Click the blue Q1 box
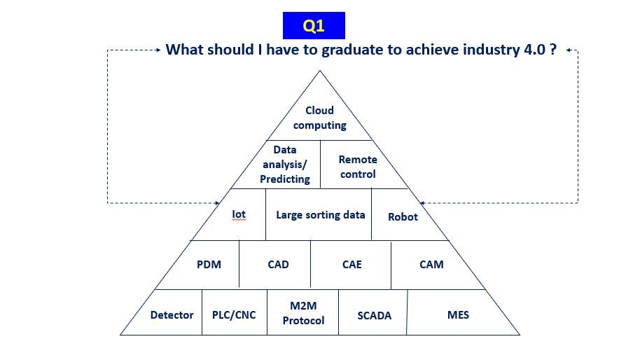[314, 25]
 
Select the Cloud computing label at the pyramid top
[319, 118]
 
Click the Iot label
[239, 214]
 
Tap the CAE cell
[351, 265]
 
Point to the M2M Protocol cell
[303, 312]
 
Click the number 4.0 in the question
[535, 50]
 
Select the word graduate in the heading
[352, 50]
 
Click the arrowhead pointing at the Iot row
[217, 203]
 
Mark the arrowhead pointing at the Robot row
[422, 203]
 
